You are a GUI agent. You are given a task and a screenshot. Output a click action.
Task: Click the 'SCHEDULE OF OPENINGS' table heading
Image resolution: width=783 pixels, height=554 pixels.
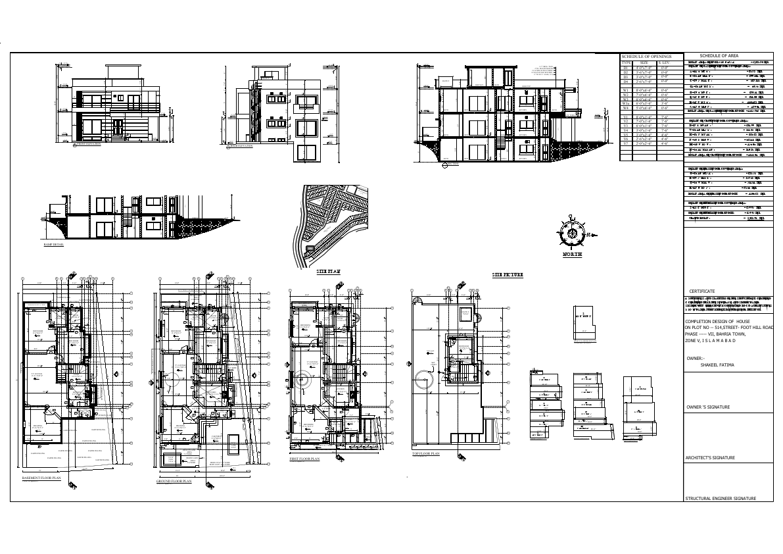pos(650,58)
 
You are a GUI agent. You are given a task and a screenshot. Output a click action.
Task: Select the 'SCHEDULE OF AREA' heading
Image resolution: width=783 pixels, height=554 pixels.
pos(719,55)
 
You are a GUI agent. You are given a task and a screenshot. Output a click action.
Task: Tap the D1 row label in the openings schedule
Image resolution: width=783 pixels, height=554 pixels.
pos(626,68)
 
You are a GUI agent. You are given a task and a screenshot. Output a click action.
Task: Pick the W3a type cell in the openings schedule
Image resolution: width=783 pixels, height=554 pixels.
pos(626,103)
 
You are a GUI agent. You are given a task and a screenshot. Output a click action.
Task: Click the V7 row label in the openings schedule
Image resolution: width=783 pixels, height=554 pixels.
pos(626,143)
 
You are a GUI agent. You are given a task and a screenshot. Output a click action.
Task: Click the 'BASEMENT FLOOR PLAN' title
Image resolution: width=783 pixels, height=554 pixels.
pos(41,478)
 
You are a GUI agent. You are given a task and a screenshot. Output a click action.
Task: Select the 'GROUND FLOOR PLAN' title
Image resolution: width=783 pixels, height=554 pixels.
pos(174,481)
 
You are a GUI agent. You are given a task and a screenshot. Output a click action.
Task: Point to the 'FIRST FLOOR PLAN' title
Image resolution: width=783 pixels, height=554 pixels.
pos(304,459)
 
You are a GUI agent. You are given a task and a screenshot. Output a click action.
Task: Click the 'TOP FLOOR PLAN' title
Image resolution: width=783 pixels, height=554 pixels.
pos(425,454)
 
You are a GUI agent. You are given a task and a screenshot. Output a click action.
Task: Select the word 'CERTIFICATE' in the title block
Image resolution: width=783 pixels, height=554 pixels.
pos(701,291)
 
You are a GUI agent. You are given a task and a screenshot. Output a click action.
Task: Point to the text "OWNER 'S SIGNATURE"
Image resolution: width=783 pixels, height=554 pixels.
pos(707,407)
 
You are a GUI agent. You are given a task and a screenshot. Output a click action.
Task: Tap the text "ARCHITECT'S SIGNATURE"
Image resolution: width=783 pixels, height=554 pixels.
pos(710,457)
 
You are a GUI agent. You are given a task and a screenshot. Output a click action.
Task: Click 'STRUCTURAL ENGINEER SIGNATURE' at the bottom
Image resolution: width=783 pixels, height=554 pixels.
pos(720,498)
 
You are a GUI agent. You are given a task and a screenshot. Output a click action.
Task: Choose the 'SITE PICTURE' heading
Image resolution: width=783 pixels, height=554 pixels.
pos(508,274)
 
